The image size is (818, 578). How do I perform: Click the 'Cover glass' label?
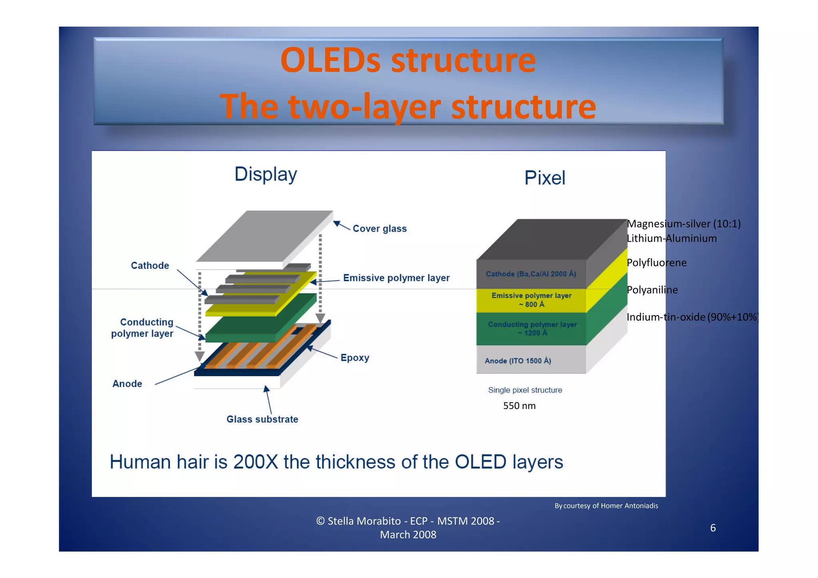pyautogui.click(x=379, y=228)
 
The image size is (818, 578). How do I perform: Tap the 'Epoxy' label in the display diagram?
pyautogui.click(x=355, y=358)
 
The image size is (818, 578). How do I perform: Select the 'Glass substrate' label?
pyautogui.click(x=262, y=419)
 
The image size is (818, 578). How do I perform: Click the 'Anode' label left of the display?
pyautogui.click(x=127, y=383)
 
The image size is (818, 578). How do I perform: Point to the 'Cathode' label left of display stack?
pyautogui.click(x=150, y=265)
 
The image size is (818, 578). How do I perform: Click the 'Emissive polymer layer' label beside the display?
pyautogui.click(x=396, y=278)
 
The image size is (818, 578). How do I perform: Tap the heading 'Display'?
pyautogui.click(x=266, y=174)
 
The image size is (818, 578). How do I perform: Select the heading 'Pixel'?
pyautogui.click(x=544, y=178)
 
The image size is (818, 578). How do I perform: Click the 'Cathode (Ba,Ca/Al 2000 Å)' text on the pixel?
pyautogui.click(x=531, y=274)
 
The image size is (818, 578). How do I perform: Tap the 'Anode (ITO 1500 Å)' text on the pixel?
pyautogui.click(x=518, y=361)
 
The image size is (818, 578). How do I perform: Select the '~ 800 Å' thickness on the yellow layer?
pyautogui.click(x=531, y=304)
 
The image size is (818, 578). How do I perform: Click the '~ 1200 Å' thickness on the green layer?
pyautogui.click(x=532, y=333)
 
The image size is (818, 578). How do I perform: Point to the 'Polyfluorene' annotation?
pyautogui.click(x=656, y=262)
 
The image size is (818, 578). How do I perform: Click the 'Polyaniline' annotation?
pyautogui.click(x=652, y=290)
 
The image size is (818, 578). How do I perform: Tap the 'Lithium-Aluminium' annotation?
pyautogui.click(x=671, y=238)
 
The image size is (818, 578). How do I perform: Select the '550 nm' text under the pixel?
pyautogui.click(x=519, y=405)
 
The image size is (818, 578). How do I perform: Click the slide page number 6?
pyautogui.click(x=713, y=528)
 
